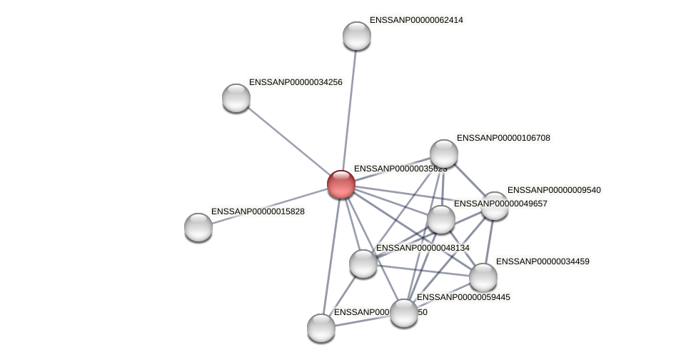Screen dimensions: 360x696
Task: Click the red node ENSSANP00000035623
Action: tap(341, 184)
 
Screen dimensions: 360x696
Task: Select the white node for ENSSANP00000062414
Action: tap(357, 36)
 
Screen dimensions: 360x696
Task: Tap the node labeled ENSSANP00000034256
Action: tap(236, 98)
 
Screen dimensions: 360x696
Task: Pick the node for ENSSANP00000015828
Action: tap(198, 227)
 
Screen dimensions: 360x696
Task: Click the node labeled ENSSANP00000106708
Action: tap(444, 154)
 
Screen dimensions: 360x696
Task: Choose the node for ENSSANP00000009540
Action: tap(495, 206)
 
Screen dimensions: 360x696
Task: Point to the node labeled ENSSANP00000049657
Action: tap(441, 219)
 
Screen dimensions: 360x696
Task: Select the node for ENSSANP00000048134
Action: tap(363, 264)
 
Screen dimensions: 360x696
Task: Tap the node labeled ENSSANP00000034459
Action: tap(483, 277)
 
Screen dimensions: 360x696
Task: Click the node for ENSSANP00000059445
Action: tap(403, 313)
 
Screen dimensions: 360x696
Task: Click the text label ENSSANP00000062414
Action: tap(415, 20)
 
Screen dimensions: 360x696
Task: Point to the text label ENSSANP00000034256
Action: tap(296, 82)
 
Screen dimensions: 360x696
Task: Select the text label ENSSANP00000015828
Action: tap(258, 211)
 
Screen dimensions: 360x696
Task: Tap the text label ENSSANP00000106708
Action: tap(503, 138)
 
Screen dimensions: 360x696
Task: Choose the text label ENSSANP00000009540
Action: tap(554, 190)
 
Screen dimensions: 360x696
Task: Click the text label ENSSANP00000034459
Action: tap(543, 261)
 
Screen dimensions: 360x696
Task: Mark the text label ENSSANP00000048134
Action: tap(423, 248)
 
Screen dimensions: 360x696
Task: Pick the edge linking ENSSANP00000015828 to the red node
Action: tap(270, 206)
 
